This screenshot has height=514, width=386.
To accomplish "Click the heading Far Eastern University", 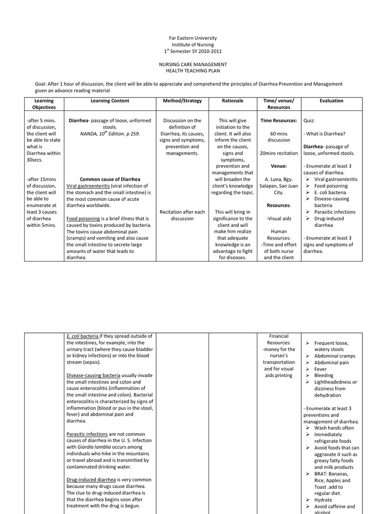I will [x=193, y=38].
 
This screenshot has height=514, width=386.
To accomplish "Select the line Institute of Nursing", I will [x=193, y=45].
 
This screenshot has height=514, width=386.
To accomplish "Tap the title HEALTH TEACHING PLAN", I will [x=193, y=71].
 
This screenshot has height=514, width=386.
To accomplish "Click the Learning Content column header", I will [x=110, y=101].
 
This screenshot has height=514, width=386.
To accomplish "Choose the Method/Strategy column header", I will [x=182, y=101].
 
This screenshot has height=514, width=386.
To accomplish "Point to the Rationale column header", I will [x=232, y=101].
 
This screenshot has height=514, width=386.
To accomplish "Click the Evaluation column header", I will [x=331, y=101].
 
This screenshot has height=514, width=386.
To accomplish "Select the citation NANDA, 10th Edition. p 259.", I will [x=110, y=134].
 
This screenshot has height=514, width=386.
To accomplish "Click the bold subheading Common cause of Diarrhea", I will [x=110, y=179].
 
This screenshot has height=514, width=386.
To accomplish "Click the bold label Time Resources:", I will [x=278, y=121].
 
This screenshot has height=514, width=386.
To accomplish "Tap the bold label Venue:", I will [x=278, y=166].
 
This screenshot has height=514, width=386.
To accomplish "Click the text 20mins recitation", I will [x=278, y=153].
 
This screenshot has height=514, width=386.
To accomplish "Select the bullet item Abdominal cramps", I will [x=335, y=355].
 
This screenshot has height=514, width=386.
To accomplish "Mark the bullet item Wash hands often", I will [x=334, y=428].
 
